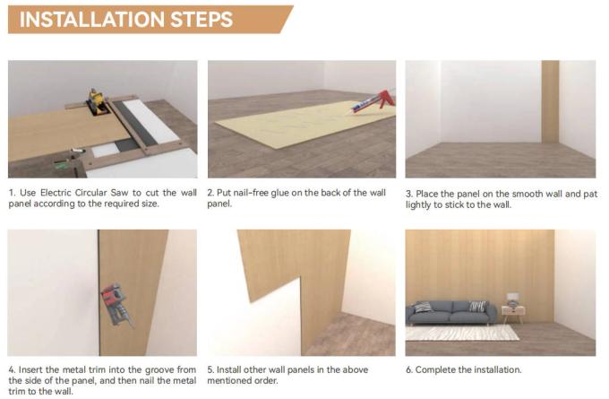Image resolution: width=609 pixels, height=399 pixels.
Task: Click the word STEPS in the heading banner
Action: coord(202,20)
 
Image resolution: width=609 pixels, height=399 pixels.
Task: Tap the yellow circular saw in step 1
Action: coord(96,100)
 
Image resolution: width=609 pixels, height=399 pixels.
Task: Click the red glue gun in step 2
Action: coord(373,101)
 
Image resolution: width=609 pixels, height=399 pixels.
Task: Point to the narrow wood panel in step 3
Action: coord(550,101)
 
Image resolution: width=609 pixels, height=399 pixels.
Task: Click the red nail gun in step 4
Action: coord(116,304)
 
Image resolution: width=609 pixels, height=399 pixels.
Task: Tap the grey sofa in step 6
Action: coord(451,313)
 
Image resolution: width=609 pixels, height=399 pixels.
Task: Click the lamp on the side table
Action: coord(513,299)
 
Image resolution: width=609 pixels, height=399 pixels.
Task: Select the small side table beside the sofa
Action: coord(513,313)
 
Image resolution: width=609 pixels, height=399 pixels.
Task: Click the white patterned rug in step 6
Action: coord(461,333)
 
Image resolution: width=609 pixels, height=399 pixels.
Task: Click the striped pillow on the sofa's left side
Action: coord(423,308)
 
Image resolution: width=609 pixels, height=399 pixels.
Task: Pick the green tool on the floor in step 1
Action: coord(62,165)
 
